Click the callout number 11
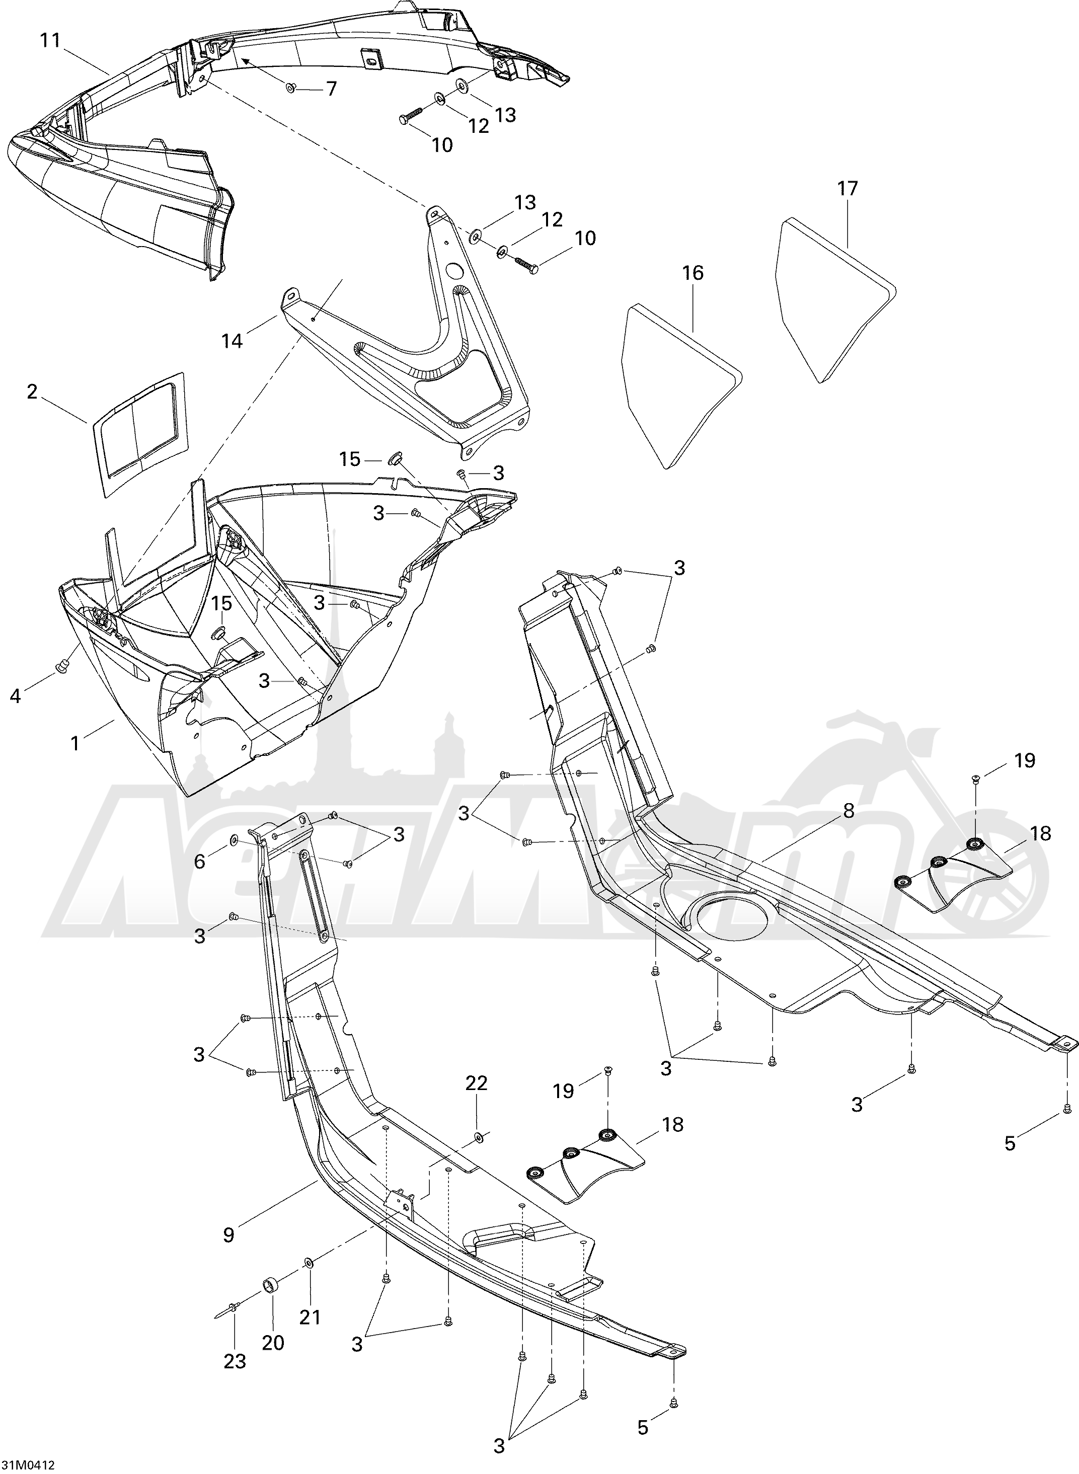point(50,40)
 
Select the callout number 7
point(331,88)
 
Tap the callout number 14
point(233,340)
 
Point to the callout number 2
point(31,392)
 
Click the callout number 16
point(693,272)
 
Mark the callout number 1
point(75,743)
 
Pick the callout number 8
point(849,811)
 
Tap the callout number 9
point(228,1235)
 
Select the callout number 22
point(476,1083)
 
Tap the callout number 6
point(199,862)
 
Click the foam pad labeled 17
point(835,299)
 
